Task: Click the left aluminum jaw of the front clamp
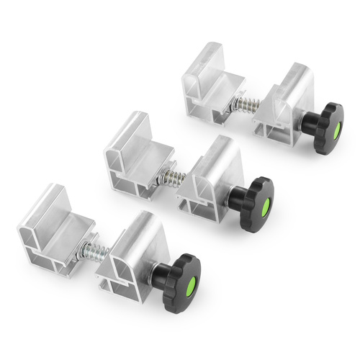(50, 223)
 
